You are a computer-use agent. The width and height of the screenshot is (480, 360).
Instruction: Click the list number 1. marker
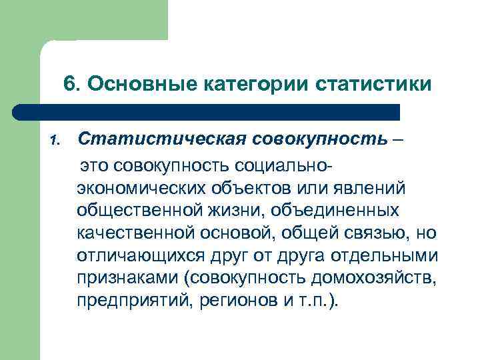point(55,141)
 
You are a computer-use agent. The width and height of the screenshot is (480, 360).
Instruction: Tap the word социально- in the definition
point(272,163)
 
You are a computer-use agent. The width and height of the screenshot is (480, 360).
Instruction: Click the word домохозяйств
point(378,278)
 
